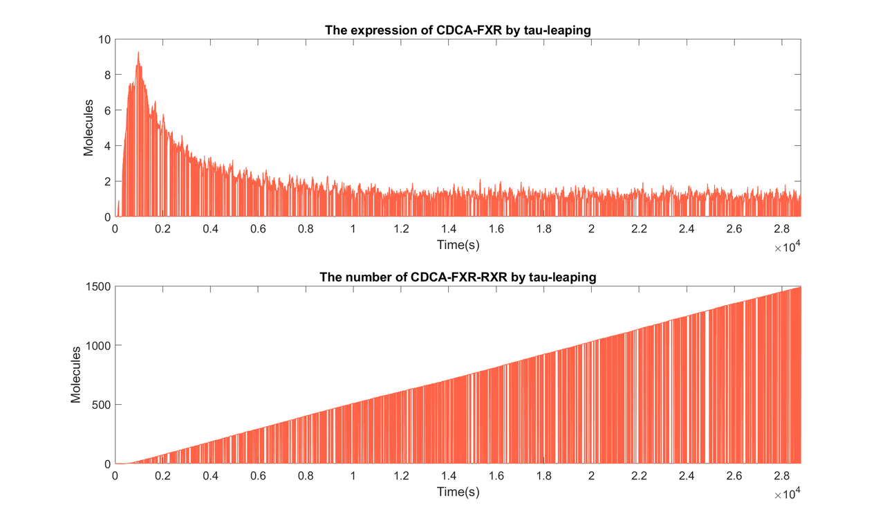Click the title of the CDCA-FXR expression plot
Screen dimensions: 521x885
[457, 30]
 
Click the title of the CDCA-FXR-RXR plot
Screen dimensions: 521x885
[457, 277]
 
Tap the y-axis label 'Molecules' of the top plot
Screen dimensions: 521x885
[89, 128]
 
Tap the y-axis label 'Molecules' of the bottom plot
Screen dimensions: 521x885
[77, 375]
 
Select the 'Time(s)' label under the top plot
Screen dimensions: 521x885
[458, 244]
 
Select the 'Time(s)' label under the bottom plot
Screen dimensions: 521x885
[458, 491]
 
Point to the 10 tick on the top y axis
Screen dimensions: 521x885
[103, 39]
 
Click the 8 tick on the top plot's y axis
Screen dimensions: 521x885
[106, 75]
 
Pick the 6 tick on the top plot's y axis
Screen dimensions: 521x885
[106, 110]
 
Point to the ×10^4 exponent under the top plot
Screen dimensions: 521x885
[788, 247]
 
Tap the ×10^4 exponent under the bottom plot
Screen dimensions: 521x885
[788, 494]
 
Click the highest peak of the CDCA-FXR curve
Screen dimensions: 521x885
[138, 53]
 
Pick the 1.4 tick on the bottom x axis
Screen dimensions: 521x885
[448, 476]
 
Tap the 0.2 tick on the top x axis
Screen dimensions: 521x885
[162, 229]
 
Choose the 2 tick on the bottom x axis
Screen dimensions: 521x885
[591, 476]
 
